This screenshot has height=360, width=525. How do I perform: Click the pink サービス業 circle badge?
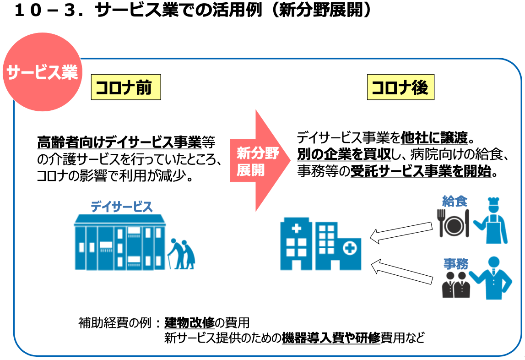pyautogui.click(x=42, y=72)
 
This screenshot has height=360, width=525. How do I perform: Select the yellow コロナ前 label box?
pyautogui.click(x=126, y=87)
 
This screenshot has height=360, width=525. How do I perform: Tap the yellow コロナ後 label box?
pyautogui.click(x=400, y=87)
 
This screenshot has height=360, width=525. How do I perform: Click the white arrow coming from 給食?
pyautogui.click(x=401, y=231)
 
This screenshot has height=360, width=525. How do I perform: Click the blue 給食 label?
pyautogui.click(x=455, y=201)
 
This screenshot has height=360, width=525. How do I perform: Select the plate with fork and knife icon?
pyautogui.click(x=454, y=224)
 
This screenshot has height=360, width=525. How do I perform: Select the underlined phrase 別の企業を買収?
pyautogui.click(x=344, y=154)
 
